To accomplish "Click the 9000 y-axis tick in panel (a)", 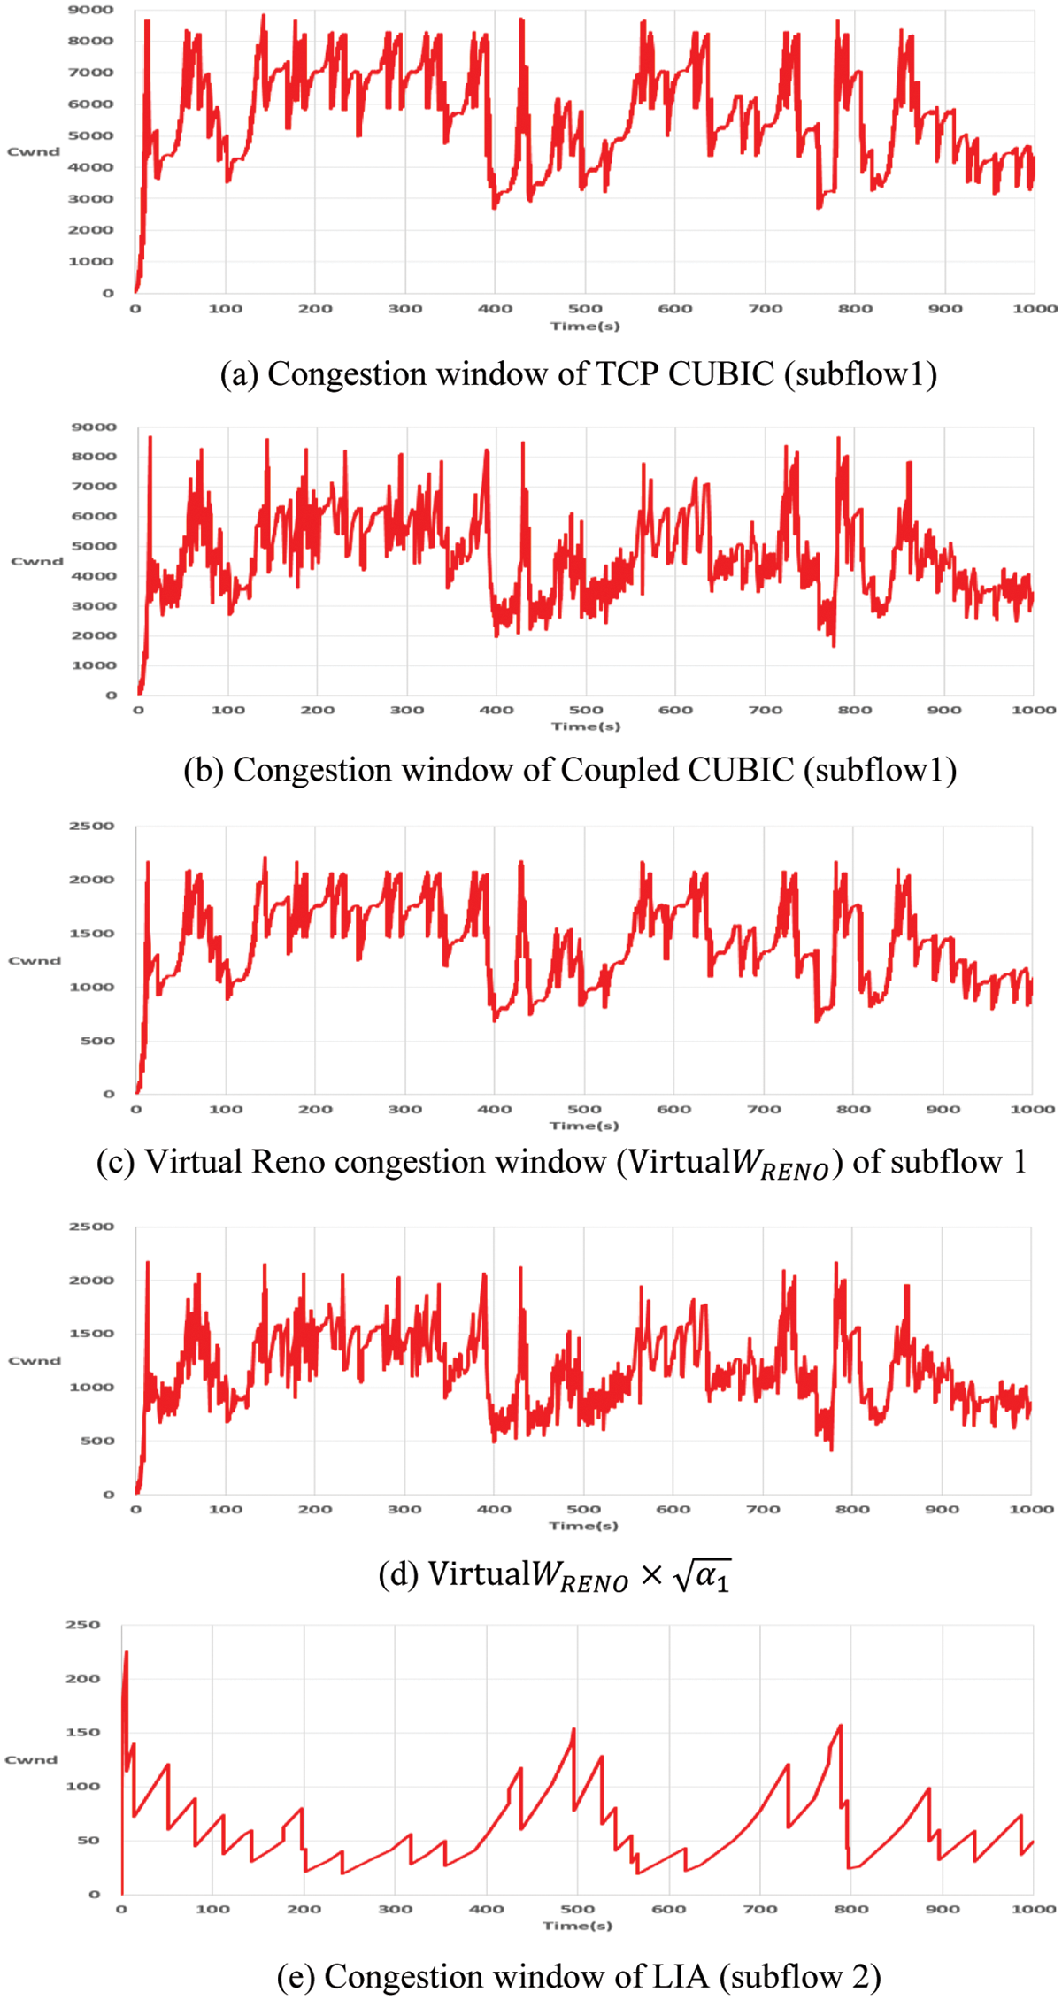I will click(91, 10).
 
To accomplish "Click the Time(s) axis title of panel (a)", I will click(585, 327).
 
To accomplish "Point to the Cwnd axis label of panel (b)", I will click(37, 561).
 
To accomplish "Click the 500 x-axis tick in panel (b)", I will click(586, 710).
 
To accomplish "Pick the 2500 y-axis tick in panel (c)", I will click(92, 826).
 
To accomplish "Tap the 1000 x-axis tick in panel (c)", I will click(1032, 1109).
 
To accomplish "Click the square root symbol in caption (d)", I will click(681, 1575).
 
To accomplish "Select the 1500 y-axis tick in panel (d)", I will click(92, 1334).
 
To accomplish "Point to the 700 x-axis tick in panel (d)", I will click(763, 1509).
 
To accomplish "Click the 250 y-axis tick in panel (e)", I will click(83, 1625).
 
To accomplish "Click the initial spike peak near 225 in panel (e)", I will click(127, 1652).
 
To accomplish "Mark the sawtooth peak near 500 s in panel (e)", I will click(573, 1730).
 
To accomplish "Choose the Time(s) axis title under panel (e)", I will click(577, 1926).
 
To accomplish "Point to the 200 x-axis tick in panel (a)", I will click(315, 309).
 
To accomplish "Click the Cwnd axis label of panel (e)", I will click(31, 1759).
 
